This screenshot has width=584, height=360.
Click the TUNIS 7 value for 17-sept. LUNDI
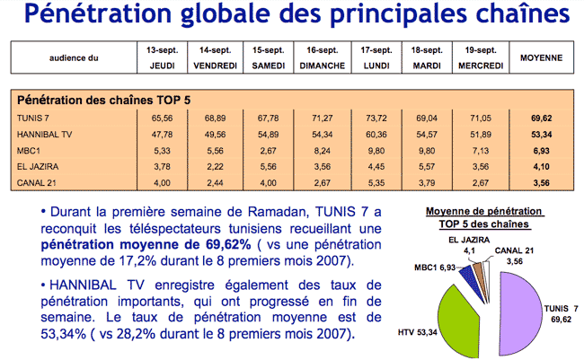point(376,119)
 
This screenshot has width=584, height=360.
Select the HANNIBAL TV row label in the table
point(44,135)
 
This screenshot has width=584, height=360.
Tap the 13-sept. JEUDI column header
point(162,57)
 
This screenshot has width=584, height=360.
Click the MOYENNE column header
point(541,58)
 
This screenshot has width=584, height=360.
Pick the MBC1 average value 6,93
point(541,151)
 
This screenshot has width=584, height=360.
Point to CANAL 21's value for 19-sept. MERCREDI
point(481,183)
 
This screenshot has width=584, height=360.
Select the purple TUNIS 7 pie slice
point(520,313)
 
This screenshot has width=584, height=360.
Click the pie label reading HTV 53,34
point(417,332)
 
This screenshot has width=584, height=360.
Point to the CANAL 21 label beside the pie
point(514,250)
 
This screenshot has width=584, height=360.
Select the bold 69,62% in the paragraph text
point(228,244)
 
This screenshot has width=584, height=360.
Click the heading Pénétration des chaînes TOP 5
point(104,101)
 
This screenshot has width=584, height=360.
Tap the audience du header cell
point(74,58)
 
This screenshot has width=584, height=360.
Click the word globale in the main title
point(225,13)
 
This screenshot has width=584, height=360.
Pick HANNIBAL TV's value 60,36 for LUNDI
point(376,135)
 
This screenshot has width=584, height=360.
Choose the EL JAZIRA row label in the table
point(38,166)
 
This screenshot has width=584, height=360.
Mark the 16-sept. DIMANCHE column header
point(323,57)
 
